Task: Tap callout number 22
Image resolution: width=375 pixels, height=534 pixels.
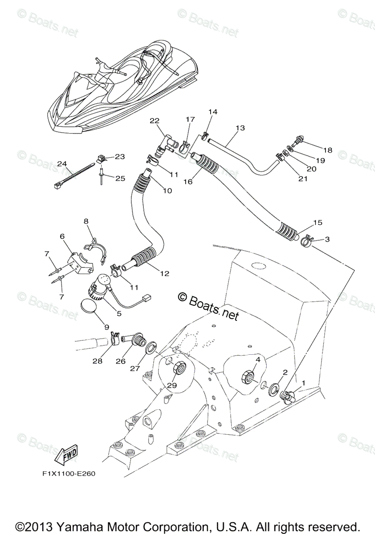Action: coord(154,121)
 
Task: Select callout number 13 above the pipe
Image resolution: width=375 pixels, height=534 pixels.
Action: coord(240,128)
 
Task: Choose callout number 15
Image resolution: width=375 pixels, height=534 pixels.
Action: coord(318,222)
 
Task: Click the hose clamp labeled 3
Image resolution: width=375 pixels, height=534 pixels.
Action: coord(306,242)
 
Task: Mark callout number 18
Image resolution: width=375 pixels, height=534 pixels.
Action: coord(328,150)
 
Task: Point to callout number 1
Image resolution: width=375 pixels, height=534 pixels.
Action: coord(304,383)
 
